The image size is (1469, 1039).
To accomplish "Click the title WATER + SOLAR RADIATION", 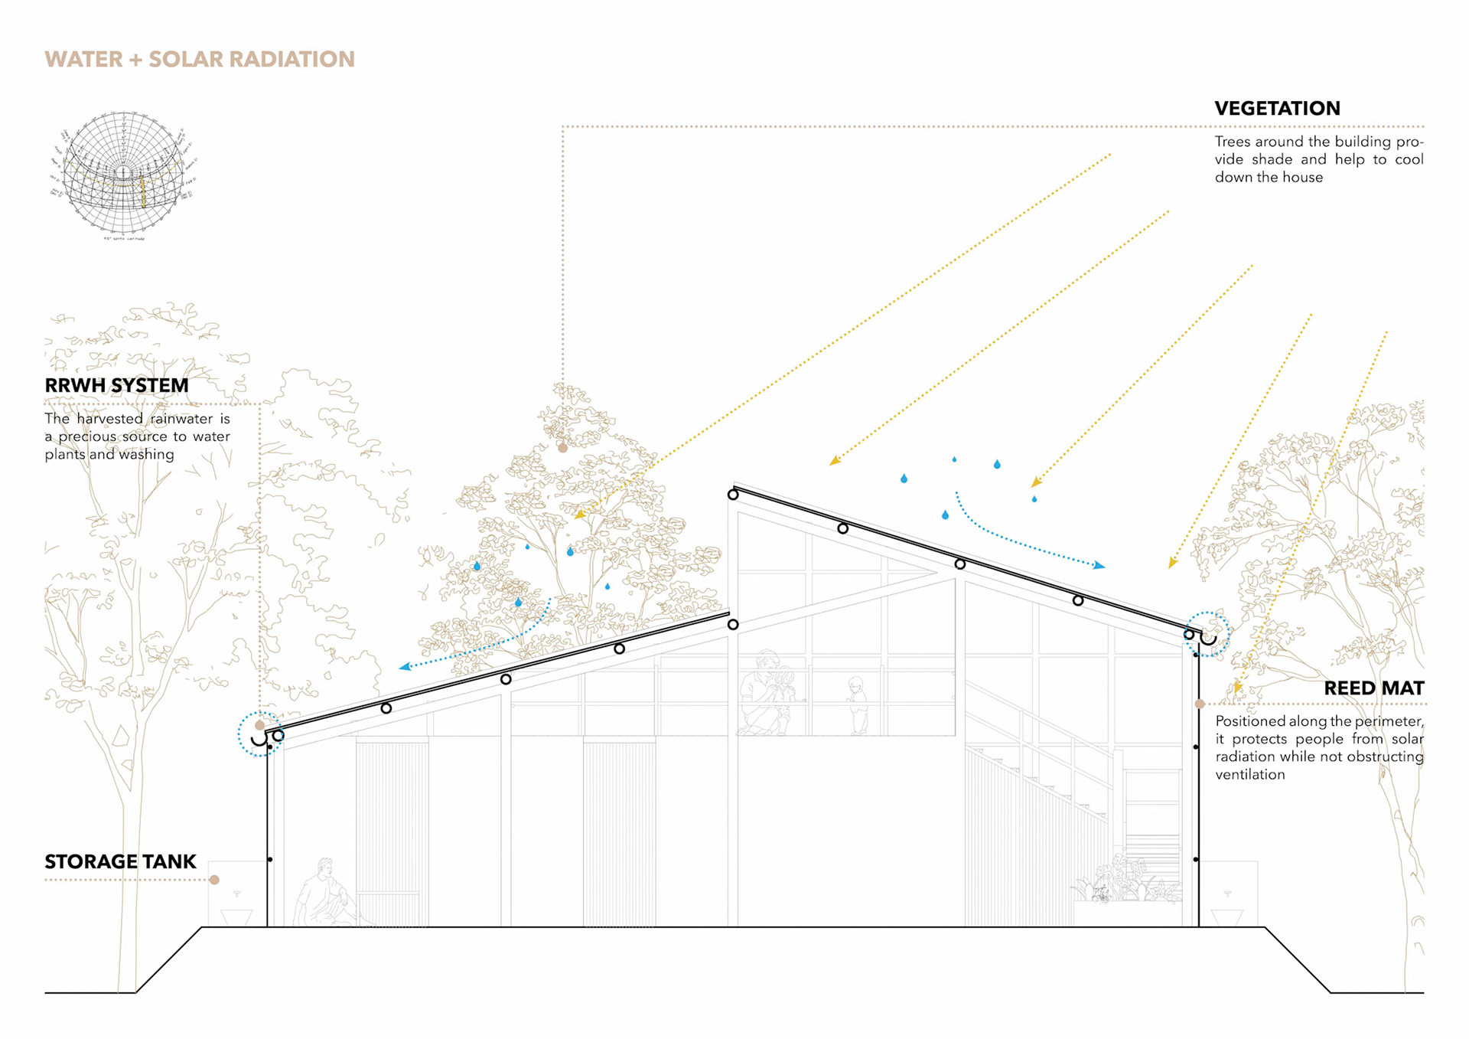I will tap(200, 60).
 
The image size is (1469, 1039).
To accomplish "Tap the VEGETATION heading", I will tap(1277, 109).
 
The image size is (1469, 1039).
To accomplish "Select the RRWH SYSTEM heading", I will tap(116, 385).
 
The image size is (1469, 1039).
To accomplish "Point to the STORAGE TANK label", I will tap(120, 861).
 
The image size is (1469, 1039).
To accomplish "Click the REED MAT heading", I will tap(1373, 688).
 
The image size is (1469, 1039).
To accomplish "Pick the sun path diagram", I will tap(124, 175).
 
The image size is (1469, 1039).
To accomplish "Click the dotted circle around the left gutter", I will tap(260, 734).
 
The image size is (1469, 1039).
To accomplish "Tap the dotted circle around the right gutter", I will tap(1207, 634).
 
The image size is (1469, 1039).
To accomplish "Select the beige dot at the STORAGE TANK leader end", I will tap(215, 880).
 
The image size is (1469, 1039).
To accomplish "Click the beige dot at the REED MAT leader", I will tap(1200, 704).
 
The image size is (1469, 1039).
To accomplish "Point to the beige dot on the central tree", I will tap(562, 448).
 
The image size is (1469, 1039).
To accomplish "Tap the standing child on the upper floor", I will tap(857, 705).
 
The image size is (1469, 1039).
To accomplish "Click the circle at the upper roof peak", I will tap(733, 495).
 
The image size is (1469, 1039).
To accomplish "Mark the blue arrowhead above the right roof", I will tap(1099, 566).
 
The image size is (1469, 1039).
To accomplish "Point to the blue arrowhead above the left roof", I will tap(404, 667).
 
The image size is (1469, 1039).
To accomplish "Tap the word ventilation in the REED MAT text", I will tap(1250, 775).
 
